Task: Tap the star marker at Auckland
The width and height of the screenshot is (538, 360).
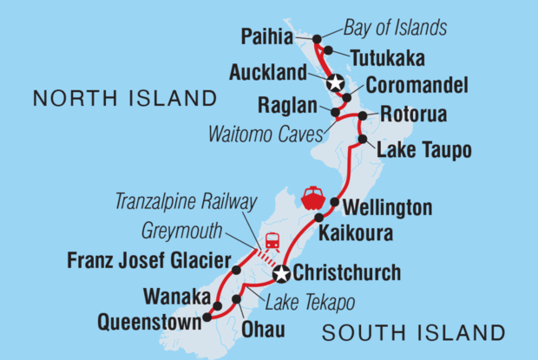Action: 336,82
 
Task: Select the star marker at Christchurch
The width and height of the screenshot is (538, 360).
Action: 281,275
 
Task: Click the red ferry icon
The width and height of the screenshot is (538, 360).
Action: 312,196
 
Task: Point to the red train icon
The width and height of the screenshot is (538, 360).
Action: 272,240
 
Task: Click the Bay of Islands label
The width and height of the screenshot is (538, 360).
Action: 395,29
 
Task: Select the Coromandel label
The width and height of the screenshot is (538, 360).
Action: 417,86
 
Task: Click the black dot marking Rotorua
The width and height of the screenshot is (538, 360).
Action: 361,116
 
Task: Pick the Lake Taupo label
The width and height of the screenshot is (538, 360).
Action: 423,151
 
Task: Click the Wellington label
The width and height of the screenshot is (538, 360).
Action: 388,208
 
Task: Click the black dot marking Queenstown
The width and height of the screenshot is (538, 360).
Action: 207,318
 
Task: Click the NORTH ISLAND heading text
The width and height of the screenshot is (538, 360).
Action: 123,98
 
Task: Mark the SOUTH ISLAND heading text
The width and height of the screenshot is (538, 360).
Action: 413,332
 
